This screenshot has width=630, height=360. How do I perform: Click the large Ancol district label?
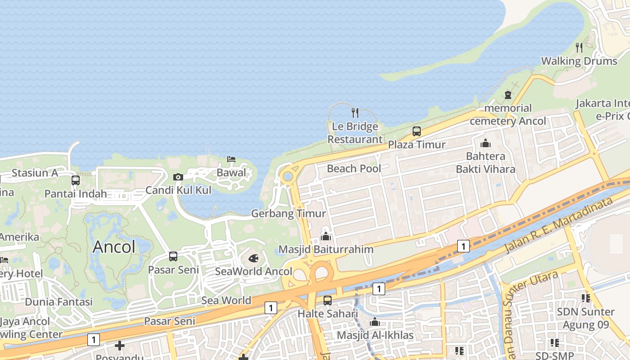pyautogui.click(x=114, y=247)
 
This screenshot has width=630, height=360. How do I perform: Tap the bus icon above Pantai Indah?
pyautogui.click(x=76, y=180)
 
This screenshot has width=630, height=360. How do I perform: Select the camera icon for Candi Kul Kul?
pyautogui.click(x=178, y=177)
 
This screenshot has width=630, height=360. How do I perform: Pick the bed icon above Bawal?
pyautogui.click(x=231, y=159)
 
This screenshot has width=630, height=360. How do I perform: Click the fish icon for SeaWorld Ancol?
pyautogui.click(x=253, y=259)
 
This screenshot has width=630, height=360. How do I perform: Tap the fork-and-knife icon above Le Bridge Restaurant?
pyautogui.click(x=355, y=112)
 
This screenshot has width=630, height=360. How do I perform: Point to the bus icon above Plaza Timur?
pyautogui.click(x=417, y=131)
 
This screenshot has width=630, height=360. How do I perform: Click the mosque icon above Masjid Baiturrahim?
pyautogui.click(x=326, y=236)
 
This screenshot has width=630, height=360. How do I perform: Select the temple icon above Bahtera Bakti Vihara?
pyautogui.click(x=486, y=144)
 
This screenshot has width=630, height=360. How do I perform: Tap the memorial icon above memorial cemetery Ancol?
pyautogui.click(x=508, y=95)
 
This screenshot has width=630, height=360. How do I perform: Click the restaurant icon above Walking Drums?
pyautogui.click(x=579, y=47)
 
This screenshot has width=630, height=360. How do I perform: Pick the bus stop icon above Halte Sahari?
pyautogui.click(x=328, y=300)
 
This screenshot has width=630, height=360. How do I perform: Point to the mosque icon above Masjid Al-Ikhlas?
pyautogui.click(x=374, y=322)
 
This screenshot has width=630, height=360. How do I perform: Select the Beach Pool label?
pyautogui.click(x=354, y=169)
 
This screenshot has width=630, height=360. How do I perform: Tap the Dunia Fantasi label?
pyautogui.click(x=58, y=301)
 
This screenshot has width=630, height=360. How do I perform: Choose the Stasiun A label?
pyautogui.click(x=35, y=173)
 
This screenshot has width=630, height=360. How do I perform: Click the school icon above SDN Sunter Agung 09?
pyautogui.click(x=585, y=298)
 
